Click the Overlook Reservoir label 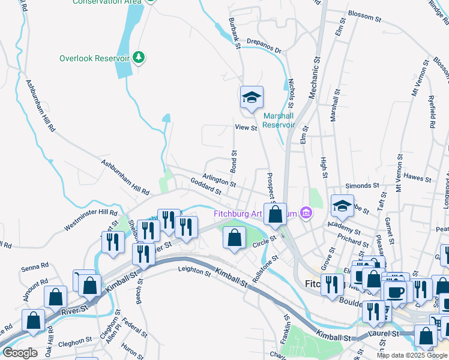(x=95, y=58)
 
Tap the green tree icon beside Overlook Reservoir (x=140, y=57)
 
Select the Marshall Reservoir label (x=279, y=120)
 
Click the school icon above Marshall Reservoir (x=252, y=97)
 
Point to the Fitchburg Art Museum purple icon (x=306, y=213)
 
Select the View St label (x=246, y=127)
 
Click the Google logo (x=20, y=353)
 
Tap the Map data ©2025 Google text (x=411, y=355)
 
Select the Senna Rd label (x=35, y=266)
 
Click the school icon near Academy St (x=342, y=205)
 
